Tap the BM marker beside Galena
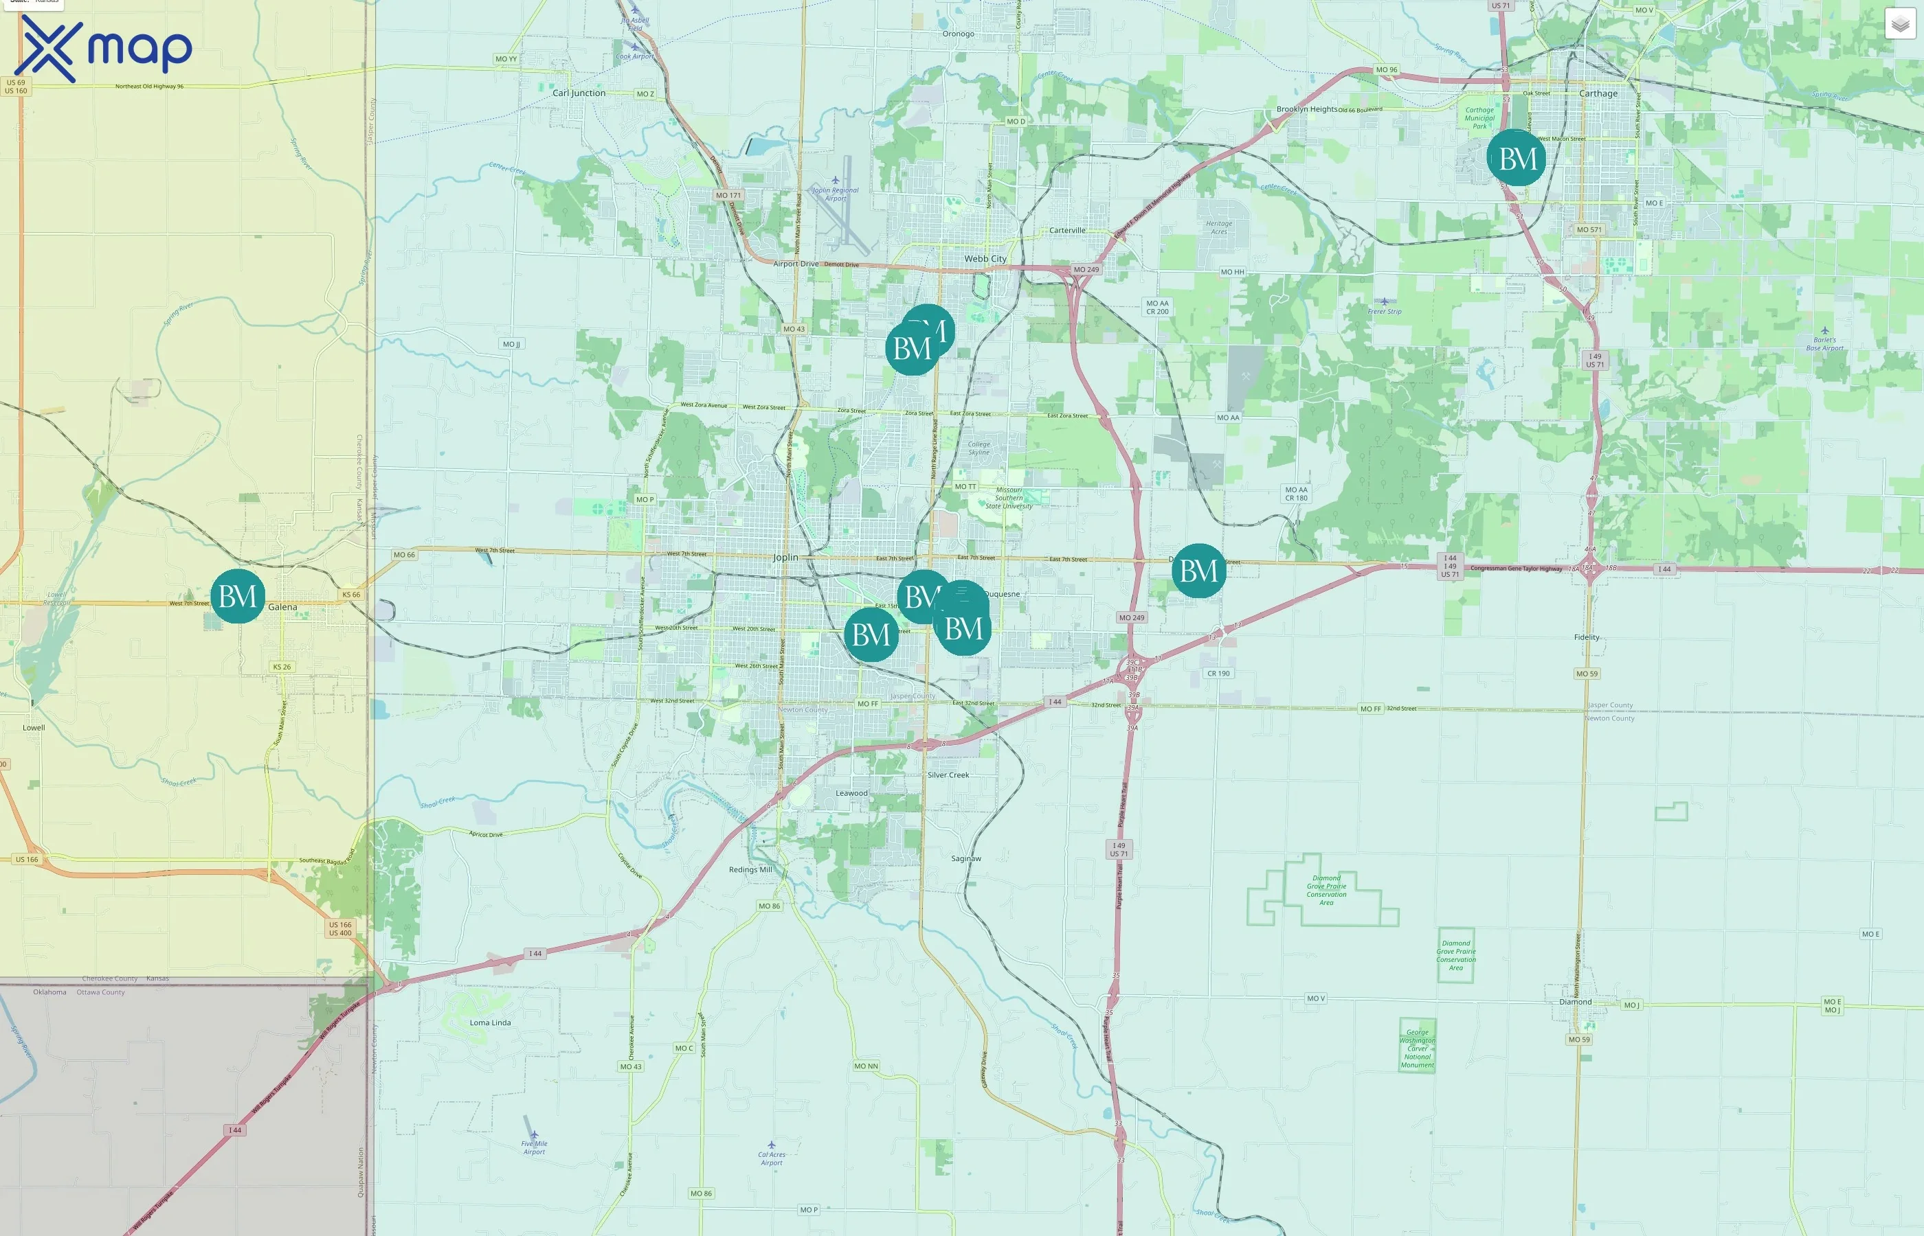pyautogui.click(x=238, y=596)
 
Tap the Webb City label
pyautogui.click(x=985, y=258)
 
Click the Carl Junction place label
pyautogui.click(x=579, y=93)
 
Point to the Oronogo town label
pyautogui.click(x=958, y=34)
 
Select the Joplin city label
pyautogui.click(x=785, y=557)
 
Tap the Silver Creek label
pyautogui.click(x=948, y=775)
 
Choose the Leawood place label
pyautogui.click(x=851, y=793)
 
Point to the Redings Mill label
pyautogui.click(x=750, y=870)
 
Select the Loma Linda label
pyautogui.click(x=490, y=1022)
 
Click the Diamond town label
pyautogui.click(x=1575, y=1002)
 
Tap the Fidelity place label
pyautogui.click(x=1586, y=637)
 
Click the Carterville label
pyautogui.click(x=1067, y=230)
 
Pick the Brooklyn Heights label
pyautogui.click(x=1306, y=109)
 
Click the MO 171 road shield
pyautogui.click(x=728, y=195)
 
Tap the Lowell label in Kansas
pyautogui.click(x=34, y=728)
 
